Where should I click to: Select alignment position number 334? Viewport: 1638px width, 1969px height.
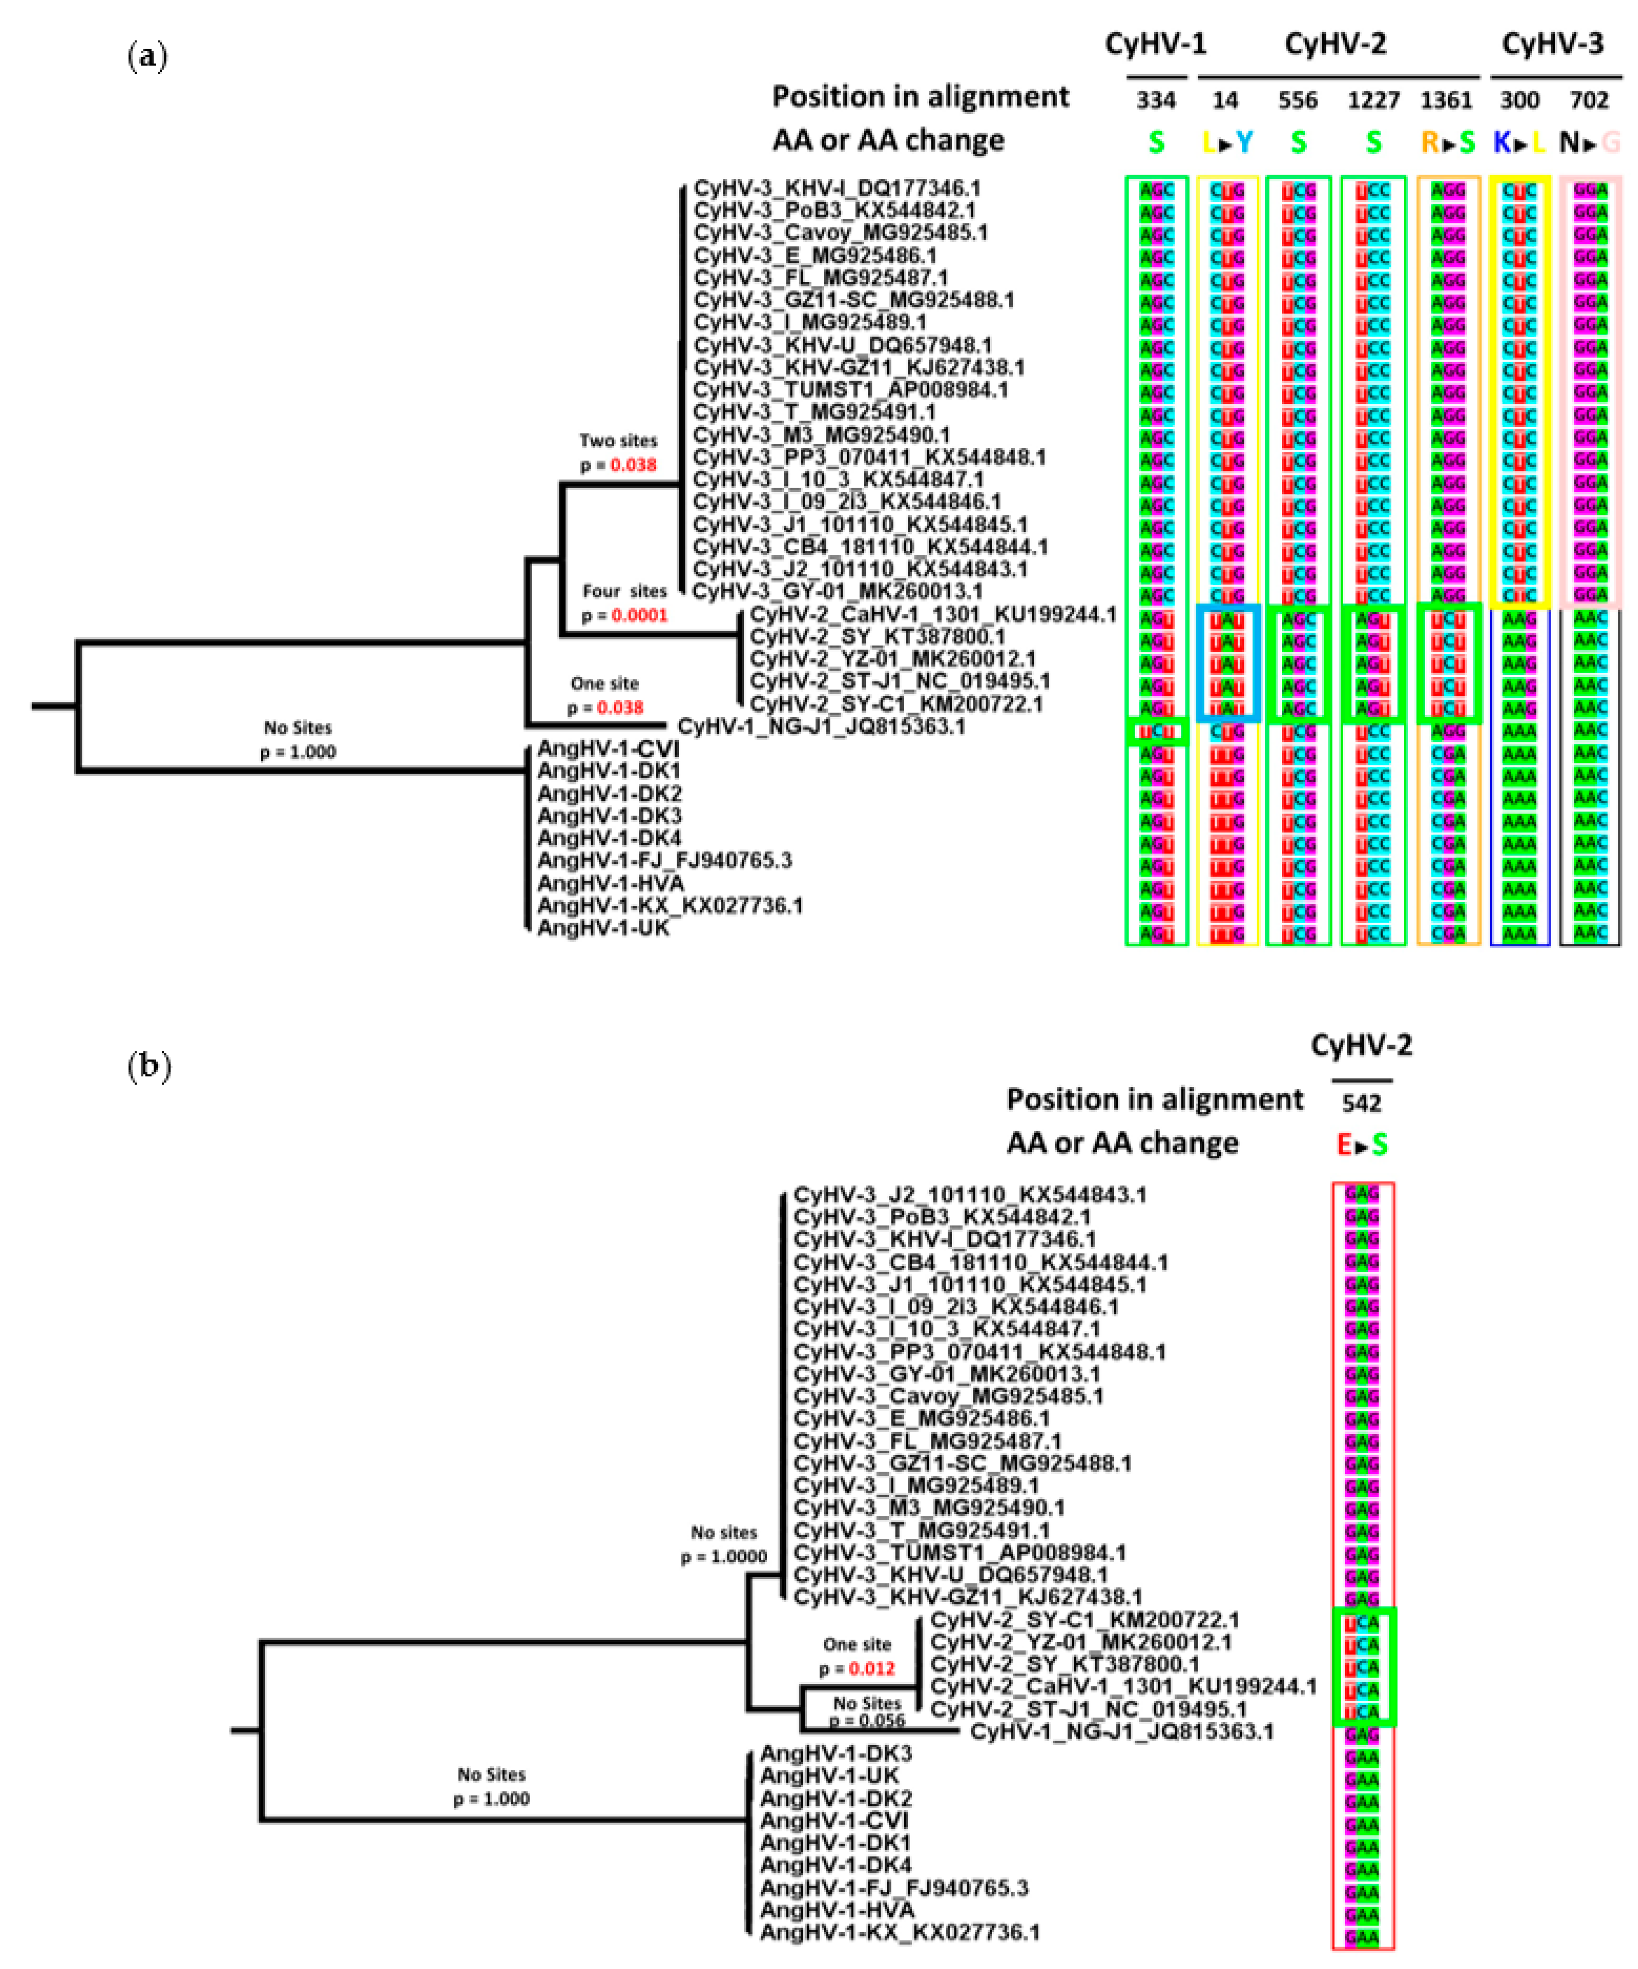(1156, 100)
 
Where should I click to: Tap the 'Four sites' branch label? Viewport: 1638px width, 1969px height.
(624, 592)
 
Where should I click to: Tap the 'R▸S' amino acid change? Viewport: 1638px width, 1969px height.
(1448, 143)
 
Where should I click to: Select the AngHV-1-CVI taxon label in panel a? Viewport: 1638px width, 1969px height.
(608, 749)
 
